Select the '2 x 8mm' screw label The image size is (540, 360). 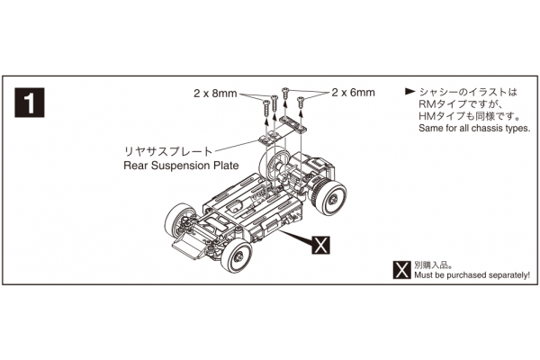pos(216,93)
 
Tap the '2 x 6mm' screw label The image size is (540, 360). pos(354,93)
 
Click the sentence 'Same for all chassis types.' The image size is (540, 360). pos(474,128)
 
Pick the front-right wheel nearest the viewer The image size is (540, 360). pos(240,256)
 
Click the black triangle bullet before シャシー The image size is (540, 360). pos(410,93)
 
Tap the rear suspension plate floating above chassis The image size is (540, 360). pos(283,130)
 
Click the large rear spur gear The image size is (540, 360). pos(276,167)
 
